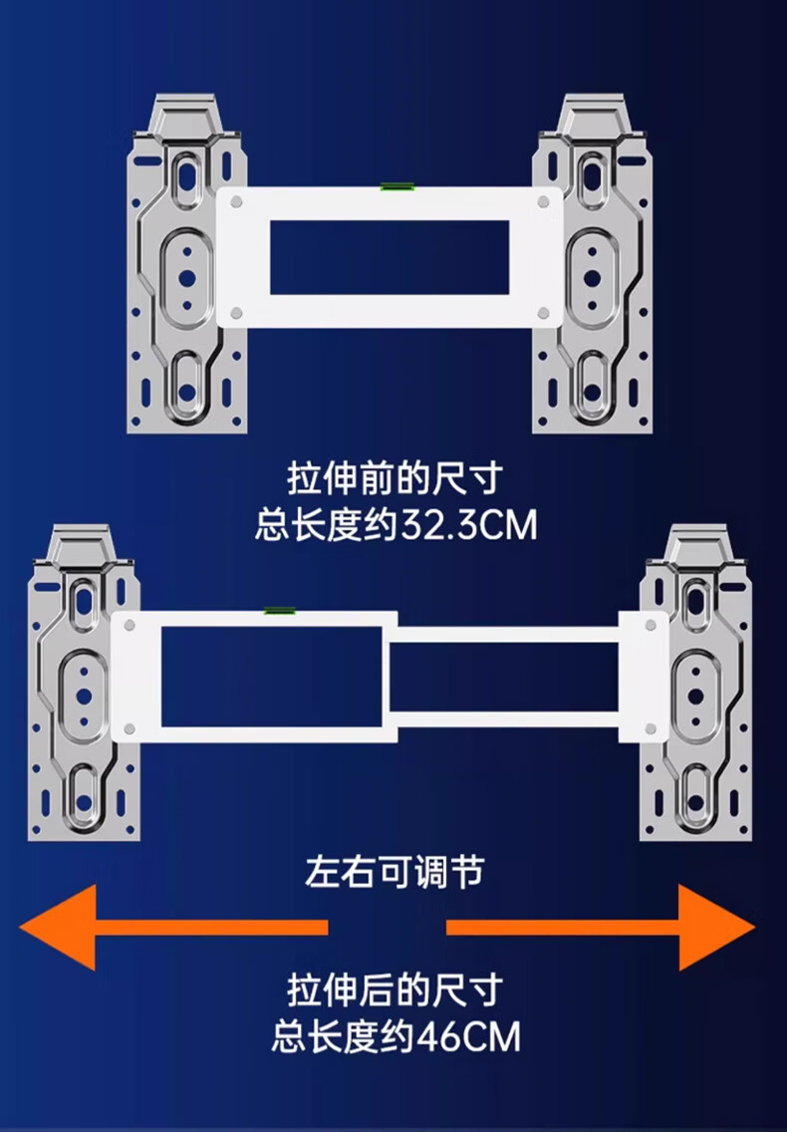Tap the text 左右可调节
[x=393, y=872]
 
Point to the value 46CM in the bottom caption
[x=467, y=1037]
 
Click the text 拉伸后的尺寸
[x=393, y=991]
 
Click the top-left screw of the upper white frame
[x=236, y=201]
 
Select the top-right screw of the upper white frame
[x=543, y=201]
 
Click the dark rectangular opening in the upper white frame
[x=390, y=257]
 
